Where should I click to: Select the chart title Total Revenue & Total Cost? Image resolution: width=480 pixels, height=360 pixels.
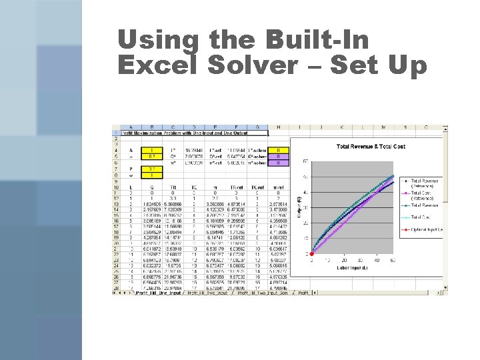click(371, 147)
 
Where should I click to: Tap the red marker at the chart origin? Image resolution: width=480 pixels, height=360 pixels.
click(311, 254)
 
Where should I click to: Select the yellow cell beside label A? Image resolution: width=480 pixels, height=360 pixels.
click(153, 151)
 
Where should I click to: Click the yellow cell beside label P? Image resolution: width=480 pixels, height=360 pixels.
click(153, 169)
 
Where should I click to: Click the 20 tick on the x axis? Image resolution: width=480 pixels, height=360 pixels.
click(343, 259)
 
